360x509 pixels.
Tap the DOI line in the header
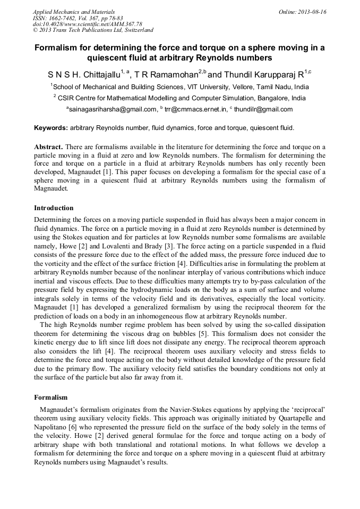(87, 24)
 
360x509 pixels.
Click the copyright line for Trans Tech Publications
(93, 31)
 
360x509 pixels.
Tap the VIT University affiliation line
(179, 87)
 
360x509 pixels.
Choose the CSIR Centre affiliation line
(179, 98)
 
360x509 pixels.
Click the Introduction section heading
(54, 208)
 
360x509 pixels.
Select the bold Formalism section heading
(50, 397)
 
